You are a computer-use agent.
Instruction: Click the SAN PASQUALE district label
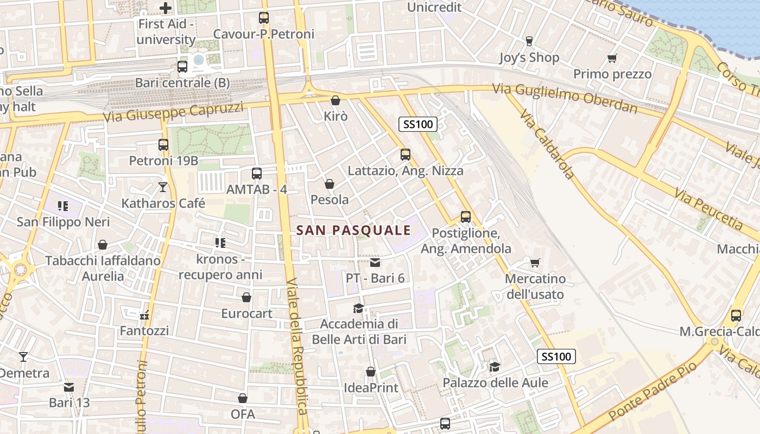tap(353, 230)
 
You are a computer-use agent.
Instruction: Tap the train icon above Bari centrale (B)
tap(182, 67)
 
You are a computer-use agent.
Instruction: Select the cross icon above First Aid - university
tap(166, 8)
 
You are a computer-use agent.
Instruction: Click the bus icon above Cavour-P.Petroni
tap(264, 18)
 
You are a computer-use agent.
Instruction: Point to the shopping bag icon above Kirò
tap(335, 100)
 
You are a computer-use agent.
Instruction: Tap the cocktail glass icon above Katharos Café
tap(163, 187)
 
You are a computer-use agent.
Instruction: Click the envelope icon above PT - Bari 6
tap(375, 263)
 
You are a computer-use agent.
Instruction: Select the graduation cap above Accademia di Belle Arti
tap(358, 309)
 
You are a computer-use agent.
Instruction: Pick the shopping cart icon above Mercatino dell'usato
tap(535, 263)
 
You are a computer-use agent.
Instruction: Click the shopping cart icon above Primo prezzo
tap(612, 58)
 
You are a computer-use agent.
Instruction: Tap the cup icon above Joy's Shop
tap(529, 41)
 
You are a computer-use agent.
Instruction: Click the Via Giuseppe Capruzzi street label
tap(173, 112)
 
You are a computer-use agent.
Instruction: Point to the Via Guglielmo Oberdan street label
tap(565, 98)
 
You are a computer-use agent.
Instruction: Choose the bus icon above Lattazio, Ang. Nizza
tap(406, 155)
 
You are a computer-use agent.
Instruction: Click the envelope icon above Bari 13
tap(69, 387)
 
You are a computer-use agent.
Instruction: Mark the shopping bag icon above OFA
tap(243, 399)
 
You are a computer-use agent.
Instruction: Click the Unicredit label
tap(434, 7)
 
